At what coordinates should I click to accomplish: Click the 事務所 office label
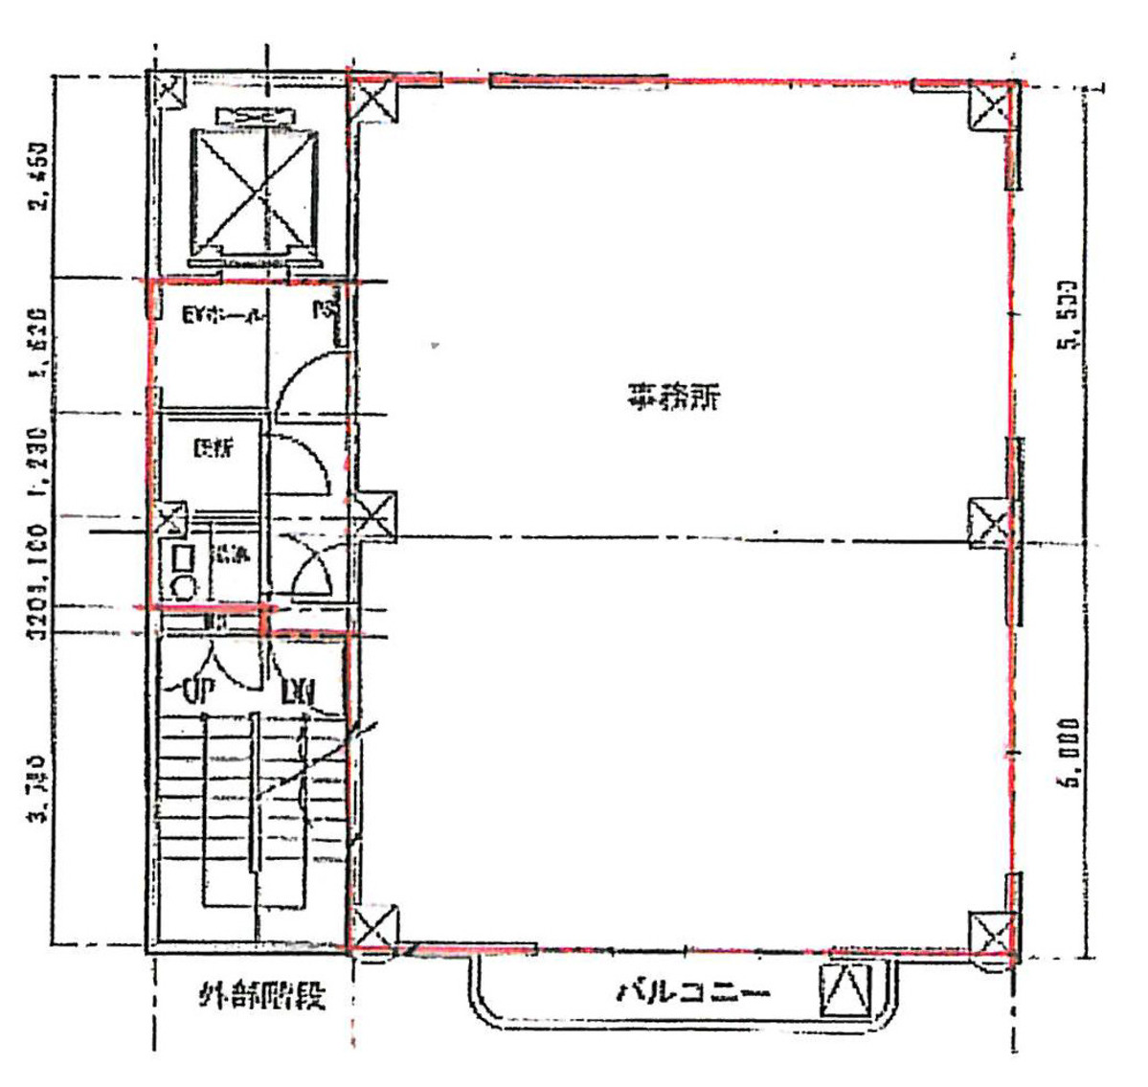(x=673, y=396)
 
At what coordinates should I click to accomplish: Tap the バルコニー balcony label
(x=693, y=991)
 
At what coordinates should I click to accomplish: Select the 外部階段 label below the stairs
(x=260, y=995)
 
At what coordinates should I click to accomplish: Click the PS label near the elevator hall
(x=326, y=310)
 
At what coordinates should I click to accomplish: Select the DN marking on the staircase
(x=298, y=690)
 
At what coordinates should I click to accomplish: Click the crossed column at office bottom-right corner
(x=992, y=934)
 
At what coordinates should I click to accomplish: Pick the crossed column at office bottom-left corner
(x=371, y=928)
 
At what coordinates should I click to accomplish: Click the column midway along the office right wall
(x=991, y=523)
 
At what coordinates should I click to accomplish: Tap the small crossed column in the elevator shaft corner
(x=169, y=93)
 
